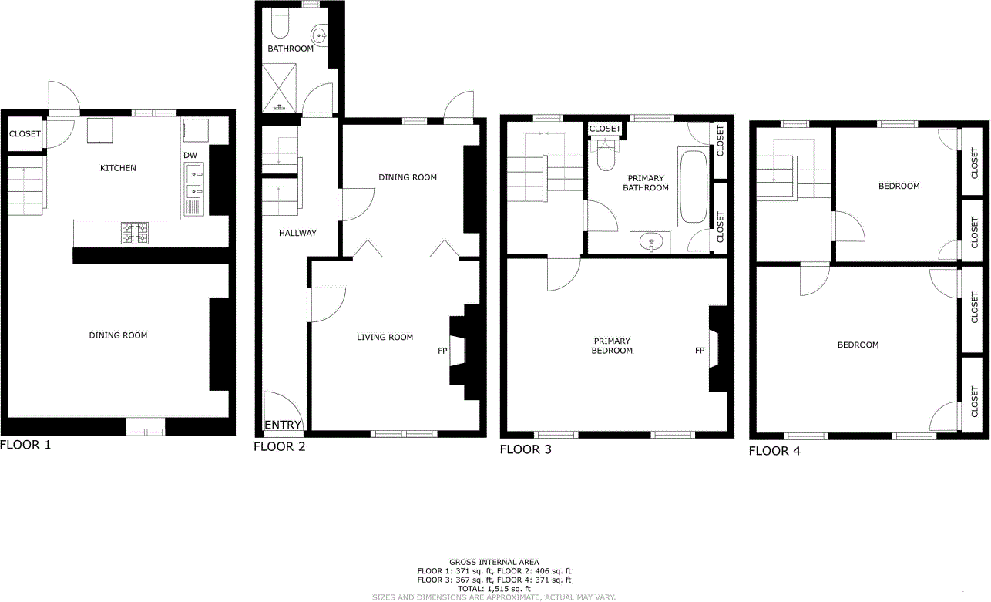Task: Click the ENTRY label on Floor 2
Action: click(x=283, y=425)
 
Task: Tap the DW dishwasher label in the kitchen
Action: click(x=190, y=155)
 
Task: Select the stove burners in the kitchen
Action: click(x=134, y=232)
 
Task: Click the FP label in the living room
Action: click(x=442, y=351)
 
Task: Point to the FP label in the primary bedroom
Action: click(x=700, y=351)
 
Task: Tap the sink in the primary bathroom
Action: click(x=652, y=242)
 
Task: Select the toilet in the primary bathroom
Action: click(x=605, y=153)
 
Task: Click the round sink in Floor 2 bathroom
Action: click(x=321, y=35)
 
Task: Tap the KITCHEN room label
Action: click(x=118, y=168)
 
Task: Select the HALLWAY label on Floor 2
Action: click(x=297, y=233)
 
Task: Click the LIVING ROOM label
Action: click(x=385, y=337)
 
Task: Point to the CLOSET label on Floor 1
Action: click(x=25, y=134)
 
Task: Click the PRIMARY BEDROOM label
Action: click(x=613, y=345)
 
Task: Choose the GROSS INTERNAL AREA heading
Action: click(x=494, y=562)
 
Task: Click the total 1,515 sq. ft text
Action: click(x=494, y=588)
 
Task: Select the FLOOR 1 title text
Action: click(x=25, y=445)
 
